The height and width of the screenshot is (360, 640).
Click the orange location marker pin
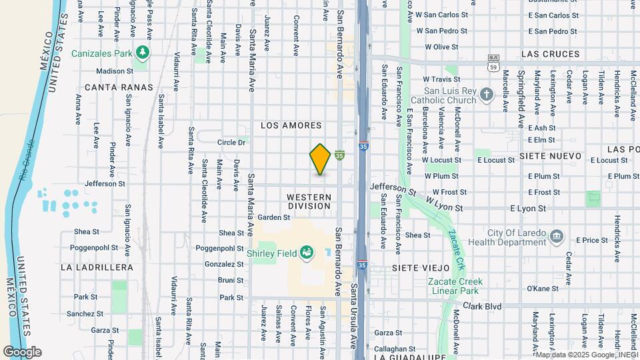(x=320, y=159)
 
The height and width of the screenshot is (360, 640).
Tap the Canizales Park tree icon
(x=141, y=52)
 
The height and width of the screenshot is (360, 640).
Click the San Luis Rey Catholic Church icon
(x=487, y=95)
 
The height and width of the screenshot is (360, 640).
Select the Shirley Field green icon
(x=307, y=252)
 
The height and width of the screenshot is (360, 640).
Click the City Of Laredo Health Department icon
(x=558, y=237)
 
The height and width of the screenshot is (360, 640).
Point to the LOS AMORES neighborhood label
(x=291, y=125)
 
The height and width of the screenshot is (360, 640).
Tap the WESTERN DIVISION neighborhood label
(x=309, y=201)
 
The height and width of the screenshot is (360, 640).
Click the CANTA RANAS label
(x=119, y=87)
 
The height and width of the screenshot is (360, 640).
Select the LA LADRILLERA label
(x=97, y=267)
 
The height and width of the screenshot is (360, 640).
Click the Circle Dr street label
(x=231, y=142)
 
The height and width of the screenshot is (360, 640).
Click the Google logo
(x=22, y=351)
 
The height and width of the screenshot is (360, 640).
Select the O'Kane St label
(x=542, y=289)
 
